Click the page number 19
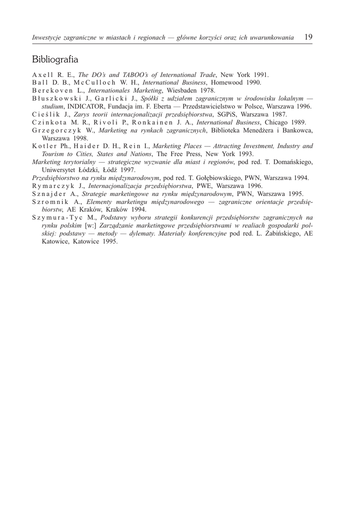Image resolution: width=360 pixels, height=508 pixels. [308, 37]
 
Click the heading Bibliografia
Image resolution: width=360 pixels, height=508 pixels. [55, 60]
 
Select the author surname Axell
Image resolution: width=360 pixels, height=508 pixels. [43, 75]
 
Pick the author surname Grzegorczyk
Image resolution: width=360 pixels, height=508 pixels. [60, 130]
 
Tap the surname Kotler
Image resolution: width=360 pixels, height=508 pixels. [45, 146]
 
